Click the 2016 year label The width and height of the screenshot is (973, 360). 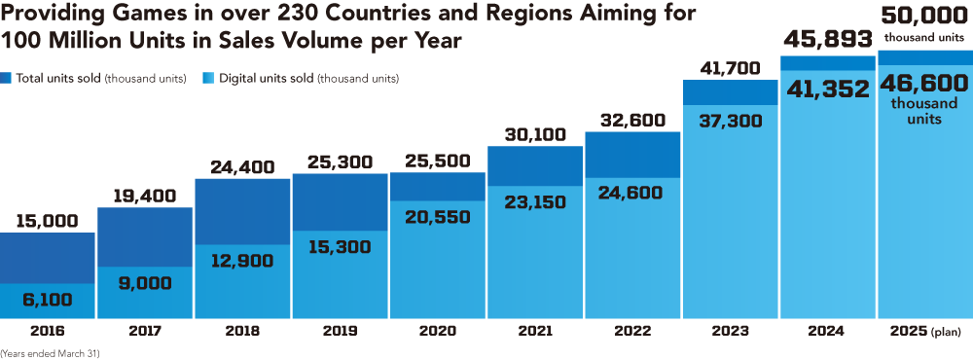(48, 331)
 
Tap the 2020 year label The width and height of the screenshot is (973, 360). (437, 331)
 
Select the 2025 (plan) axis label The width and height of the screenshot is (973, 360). (923, 331)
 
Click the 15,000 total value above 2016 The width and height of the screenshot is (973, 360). (48, 221)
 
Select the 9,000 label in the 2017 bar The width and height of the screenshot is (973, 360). (145, 283)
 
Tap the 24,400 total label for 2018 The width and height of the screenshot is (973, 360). (242, 166)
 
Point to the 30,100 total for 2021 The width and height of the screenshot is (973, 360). (534, 134)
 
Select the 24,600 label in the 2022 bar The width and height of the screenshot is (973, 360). (631, 193)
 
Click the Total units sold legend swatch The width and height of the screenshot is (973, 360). (8, 78)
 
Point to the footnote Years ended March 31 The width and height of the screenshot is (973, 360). (50, 354)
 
